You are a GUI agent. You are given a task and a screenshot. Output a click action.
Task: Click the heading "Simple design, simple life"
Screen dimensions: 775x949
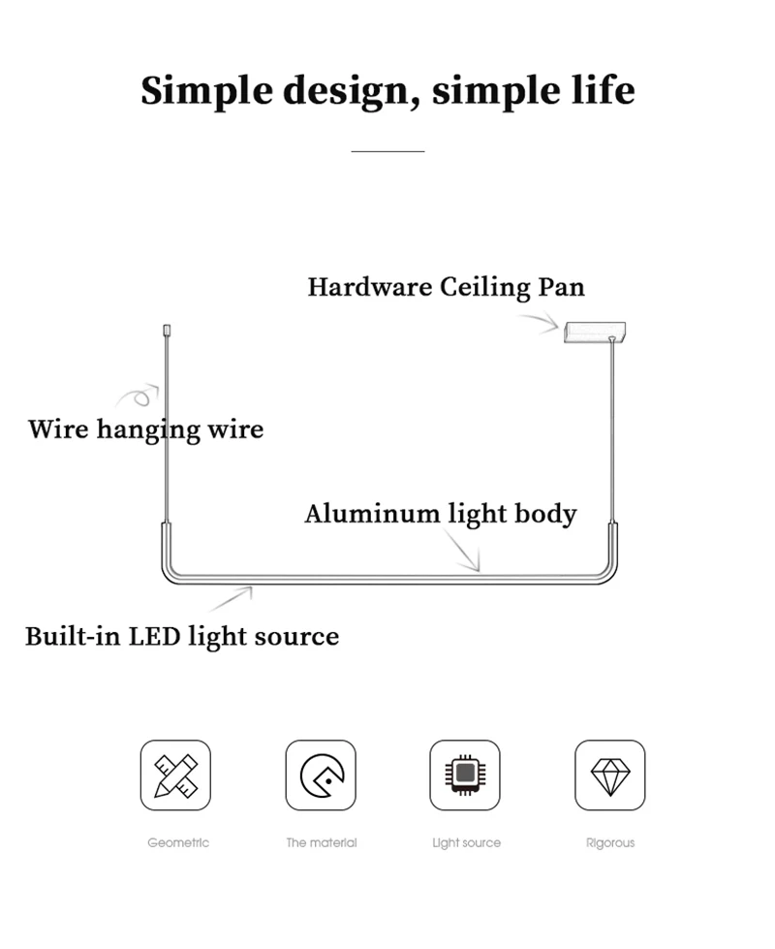(387, 91)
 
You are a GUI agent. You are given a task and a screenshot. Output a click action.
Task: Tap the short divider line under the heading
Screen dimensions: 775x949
(387, 151)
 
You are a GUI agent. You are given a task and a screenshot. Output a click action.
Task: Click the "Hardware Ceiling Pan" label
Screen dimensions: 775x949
(447, 288)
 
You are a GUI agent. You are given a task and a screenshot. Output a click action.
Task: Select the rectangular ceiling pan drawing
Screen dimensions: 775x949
(595, 332)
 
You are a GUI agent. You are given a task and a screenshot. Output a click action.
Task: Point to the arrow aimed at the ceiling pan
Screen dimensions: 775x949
(541, 322)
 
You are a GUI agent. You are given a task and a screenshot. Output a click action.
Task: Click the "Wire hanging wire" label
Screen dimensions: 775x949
(146, 429)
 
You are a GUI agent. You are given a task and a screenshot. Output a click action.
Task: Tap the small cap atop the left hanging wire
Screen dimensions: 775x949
(167, 331)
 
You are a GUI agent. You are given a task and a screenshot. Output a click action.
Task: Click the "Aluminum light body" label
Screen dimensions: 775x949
(441, 515)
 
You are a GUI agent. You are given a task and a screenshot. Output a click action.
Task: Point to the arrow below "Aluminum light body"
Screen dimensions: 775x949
(463, 551)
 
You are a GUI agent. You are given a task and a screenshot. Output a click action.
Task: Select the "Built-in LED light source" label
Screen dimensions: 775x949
(182, 637)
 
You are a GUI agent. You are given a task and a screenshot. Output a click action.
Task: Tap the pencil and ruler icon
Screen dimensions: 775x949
(175, 775)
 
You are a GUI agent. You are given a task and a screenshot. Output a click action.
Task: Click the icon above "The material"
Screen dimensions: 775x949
(321, 775)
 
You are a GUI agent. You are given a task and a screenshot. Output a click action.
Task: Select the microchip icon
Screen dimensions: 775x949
(465, 775)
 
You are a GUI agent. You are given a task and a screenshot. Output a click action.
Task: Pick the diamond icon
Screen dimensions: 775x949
(610, 775)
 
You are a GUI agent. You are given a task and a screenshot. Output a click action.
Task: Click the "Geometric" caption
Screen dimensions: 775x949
(178, 842)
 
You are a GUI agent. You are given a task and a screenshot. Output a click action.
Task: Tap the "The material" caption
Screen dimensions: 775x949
(322, 842)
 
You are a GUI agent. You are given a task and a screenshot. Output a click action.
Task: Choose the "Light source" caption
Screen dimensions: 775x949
(466, 843)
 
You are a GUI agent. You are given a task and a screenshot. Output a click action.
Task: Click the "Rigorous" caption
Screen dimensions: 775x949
(610, 843)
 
